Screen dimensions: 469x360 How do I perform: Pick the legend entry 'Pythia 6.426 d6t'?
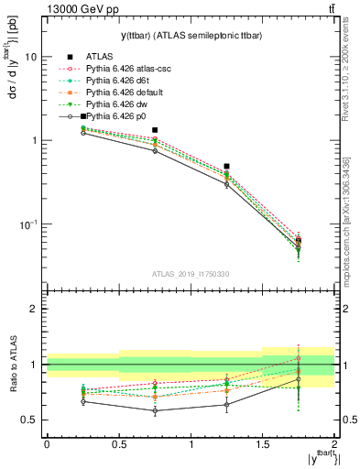[119, 81]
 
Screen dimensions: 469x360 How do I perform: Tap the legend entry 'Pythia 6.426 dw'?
[118, 104]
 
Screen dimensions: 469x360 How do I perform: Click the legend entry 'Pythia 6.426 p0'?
[118, 117]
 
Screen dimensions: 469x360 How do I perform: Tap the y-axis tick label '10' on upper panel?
[30, 57]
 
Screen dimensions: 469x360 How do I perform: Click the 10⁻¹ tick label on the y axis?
[28, 224]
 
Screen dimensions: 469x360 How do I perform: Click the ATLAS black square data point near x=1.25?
[226, 167]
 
